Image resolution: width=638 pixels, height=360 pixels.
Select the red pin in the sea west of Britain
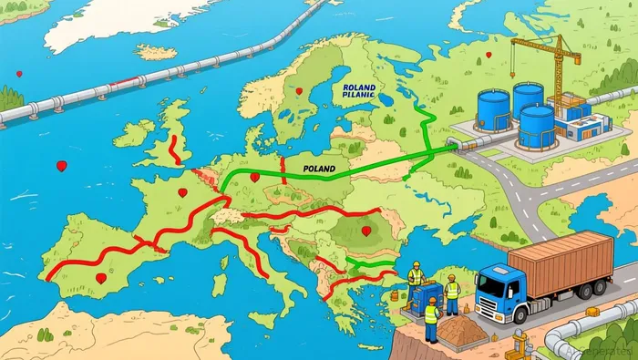click(x=61, y=166)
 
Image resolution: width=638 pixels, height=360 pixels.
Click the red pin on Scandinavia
click(x=298, y=90)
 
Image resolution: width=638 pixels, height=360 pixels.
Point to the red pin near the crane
click(x=489, y=55)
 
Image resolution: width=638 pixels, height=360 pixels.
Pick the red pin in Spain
click(x=100, y=277)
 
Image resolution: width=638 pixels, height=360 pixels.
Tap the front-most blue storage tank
click(x=536, y=126)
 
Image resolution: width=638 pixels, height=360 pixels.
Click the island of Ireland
click(x=134, y=134)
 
